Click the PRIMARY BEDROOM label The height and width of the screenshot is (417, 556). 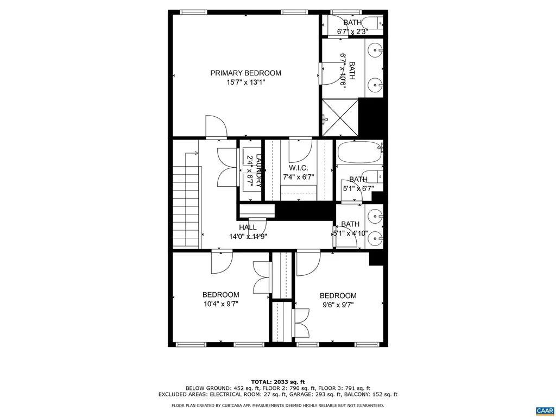click(x=245, y=73)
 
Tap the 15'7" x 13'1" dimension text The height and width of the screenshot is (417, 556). click(x=245, y=83)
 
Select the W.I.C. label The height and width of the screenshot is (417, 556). click(x=299, y=168)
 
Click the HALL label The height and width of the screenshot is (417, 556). click(x=248, y=228)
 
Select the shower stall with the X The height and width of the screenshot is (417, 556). click(x=340, y=117)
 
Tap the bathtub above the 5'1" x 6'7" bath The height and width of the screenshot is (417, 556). click(x=359, y=153)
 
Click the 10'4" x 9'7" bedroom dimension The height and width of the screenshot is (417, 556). click(x=220, y=304)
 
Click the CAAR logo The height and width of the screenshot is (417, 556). click(x=544, y=410)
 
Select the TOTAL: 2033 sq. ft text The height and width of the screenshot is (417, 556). click(x=277, y=381)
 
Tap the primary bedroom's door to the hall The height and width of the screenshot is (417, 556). click(x=216, y=127)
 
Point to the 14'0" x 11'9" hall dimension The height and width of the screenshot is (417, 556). click(x=248, y=236)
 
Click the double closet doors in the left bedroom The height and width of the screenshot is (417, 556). click(x=262, y=277)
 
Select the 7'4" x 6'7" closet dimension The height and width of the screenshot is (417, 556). click(x=299, y=177)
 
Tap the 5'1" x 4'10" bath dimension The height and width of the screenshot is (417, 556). click(x=351, y=233)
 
